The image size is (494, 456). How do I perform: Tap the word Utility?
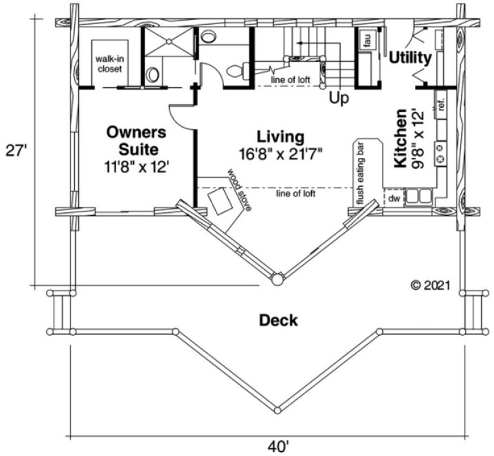[410, 58]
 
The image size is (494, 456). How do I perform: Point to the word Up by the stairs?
[339, 98]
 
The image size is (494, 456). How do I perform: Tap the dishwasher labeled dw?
[394, 198]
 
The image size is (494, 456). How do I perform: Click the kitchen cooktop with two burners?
[441, 159]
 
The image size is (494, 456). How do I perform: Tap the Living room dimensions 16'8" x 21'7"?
[280, 152]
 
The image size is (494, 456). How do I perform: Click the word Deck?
[278, 319]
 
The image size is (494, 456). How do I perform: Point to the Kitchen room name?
[401, 137]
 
